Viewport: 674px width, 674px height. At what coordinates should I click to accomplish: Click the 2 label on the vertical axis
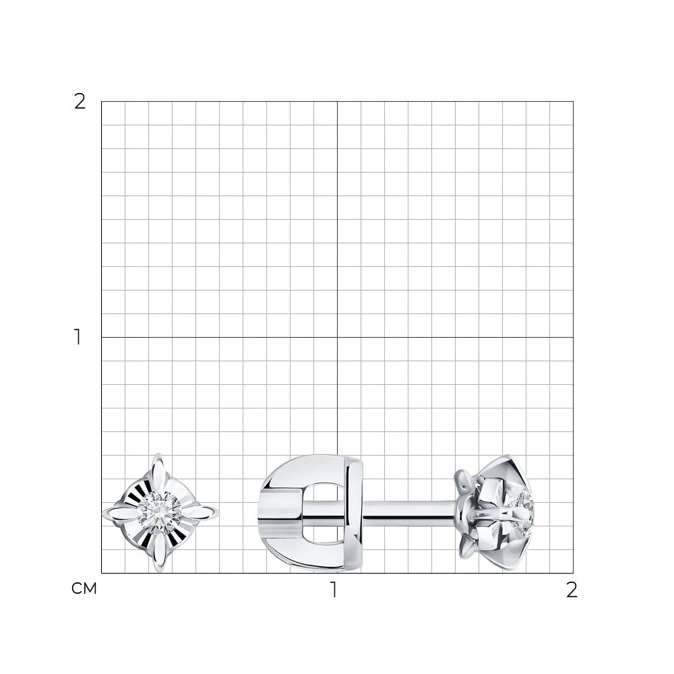pos(80,102)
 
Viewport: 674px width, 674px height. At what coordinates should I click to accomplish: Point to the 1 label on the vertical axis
pos(78,337)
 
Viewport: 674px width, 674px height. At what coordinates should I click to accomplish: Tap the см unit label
pos(84,588)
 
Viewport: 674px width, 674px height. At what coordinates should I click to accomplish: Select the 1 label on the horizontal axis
pos(334,590)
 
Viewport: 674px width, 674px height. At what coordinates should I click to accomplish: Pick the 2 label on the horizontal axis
pos(572,590)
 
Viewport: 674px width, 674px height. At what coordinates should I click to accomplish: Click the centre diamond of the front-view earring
pos(160,512)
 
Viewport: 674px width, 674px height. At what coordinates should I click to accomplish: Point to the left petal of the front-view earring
pos(121,513)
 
